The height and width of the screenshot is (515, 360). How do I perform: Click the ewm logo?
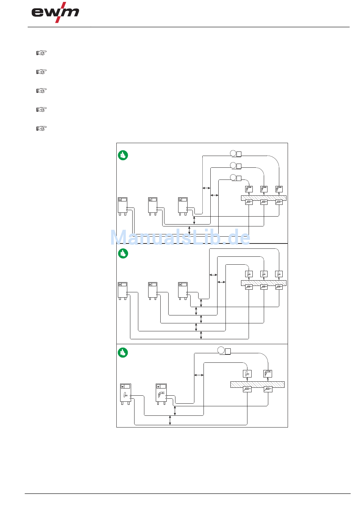55,12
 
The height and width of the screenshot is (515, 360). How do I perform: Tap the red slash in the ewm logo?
61,12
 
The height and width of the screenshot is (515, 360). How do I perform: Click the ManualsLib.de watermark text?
180,237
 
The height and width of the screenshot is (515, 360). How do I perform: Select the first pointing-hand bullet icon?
41,53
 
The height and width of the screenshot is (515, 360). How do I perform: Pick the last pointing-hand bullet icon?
41,128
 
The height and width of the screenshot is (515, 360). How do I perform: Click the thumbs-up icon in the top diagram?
123,155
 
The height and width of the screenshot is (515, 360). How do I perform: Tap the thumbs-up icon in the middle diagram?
123,253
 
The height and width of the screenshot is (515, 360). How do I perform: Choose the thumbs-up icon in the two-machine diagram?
123,353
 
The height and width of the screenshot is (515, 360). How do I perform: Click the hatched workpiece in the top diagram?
264,198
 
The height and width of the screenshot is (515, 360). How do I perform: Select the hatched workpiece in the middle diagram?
264,283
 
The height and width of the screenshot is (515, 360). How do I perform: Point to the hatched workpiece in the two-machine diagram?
257,384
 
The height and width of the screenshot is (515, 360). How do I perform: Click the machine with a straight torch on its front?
125,394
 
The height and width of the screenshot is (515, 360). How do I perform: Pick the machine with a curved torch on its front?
161,394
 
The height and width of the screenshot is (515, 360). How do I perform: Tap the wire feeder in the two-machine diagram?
224,351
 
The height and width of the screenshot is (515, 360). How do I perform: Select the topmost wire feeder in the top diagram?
236,153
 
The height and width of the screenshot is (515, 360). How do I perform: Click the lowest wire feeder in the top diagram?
236,178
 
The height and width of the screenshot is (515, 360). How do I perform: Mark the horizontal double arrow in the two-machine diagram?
199,375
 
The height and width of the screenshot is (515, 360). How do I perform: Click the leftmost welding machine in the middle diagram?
123,291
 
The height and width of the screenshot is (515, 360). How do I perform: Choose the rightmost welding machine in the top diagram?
183,206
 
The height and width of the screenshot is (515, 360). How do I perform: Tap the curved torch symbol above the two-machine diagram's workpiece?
268,374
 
